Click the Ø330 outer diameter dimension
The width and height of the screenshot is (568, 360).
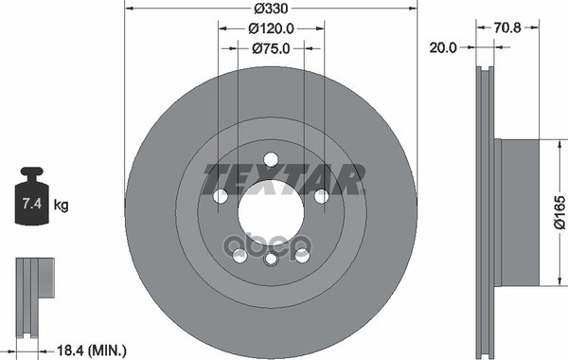tap(270, 8)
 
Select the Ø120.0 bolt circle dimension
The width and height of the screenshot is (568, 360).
tap(270, 29)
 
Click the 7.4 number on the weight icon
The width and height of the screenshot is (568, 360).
tap(32, 203)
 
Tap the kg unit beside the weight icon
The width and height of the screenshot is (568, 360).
tap(62, 205)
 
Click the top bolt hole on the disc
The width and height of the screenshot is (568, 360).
tap(271, 159)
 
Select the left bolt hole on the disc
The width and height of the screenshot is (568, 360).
tap(221, 196)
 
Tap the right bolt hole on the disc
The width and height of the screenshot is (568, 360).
tap(321, 196)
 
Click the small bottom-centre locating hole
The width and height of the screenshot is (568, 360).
tap(271, 259)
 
